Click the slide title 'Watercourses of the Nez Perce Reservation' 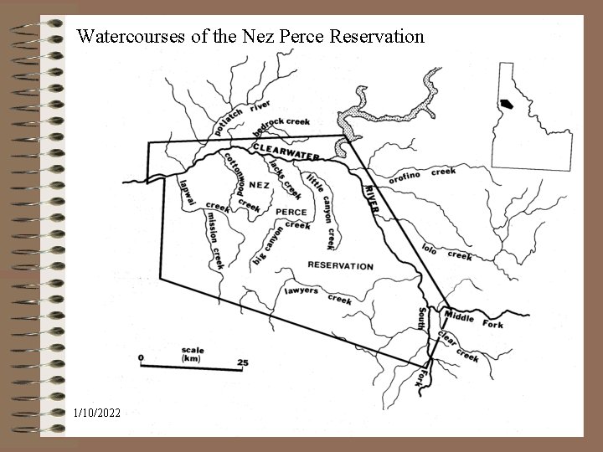click(x=250, y=37)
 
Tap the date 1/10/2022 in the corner click(x=97, y=413)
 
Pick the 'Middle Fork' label click(x=473, y=319)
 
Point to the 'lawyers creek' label click(x=317, y=294)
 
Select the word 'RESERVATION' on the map click(x=340, y=265)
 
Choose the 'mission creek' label click(x=214, y=239)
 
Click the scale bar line click(x=192, y=366)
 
